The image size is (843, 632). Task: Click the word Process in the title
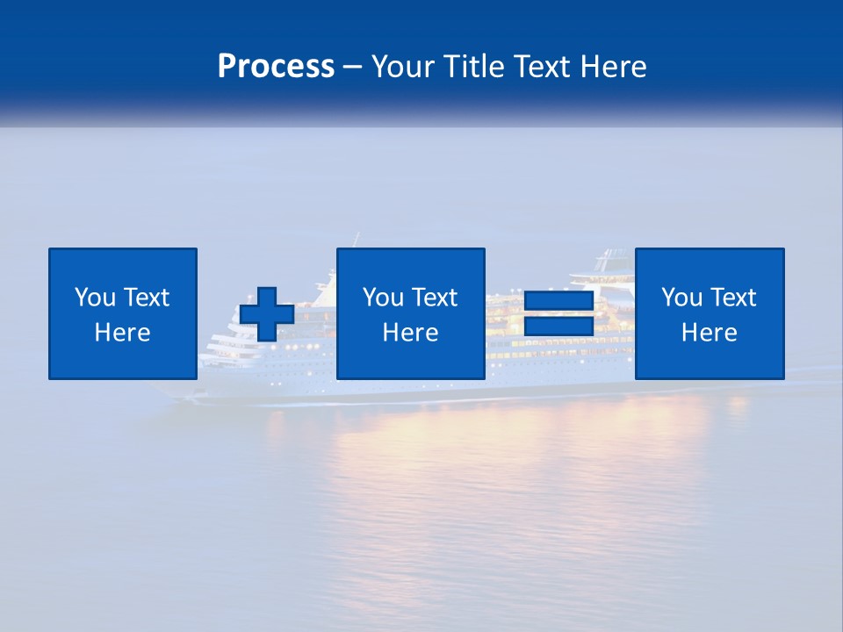point(276,67)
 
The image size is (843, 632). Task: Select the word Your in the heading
point(400,67)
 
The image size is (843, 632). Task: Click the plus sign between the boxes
point(267,314)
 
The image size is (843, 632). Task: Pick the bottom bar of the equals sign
point(559,327)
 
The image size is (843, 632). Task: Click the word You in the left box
point(95,298)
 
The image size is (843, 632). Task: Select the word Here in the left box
point(122,333)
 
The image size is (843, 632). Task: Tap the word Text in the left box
point(146,298)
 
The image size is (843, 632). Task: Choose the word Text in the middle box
point(434,298)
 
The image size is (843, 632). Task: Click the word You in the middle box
point(383,298)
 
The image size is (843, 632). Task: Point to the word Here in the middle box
point(410,333)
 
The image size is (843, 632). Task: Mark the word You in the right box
point(681,298)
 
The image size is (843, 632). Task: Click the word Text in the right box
point(732,298)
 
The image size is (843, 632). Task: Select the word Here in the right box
point(709,333)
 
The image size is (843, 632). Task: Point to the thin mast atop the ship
point(357,240)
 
